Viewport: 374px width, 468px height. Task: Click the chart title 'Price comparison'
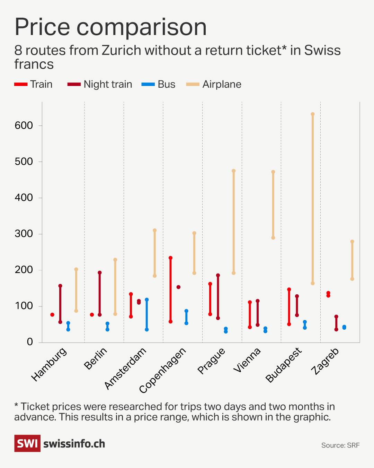click(x=110, y=27)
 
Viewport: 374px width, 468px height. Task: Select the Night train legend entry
click(x=100, y=84)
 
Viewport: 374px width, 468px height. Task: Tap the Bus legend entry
click(x=159, y=84)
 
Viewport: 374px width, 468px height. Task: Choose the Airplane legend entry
click(x=214, y=84)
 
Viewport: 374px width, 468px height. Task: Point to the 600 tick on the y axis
click(x=24, y=125)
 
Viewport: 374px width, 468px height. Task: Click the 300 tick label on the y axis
click(x=24, y=234)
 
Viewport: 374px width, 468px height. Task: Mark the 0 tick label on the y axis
click(x=30, y=342)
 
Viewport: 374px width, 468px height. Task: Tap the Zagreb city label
click(x=325, y=361)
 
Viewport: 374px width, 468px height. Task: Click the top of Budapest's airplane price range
click(x=313, y=114)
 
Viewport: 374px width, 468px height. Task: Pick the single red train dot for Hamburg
click(x=52, y=315)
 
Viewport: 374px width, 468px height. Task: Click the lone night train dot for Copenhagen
click(x=178, y=287)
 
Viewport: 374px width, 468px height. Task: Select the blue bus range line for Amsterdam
click(x=147, y=314)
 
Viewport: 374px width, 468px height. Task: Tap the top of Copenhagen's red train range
click(x=170, y=258)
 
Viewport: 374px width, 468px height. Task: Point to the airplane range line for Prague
click(x=234, y=222)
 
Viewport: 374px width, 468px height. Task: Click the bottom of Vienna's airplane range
click(x=273, y=238)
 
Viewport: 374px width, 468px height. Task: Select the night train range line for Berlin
click(x=100, y=294)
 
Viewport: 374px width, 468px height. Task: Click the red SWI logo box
click(x=27, y=443)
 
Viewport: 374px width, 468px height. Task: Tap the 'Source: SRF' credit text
click(x=340, y=445)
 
